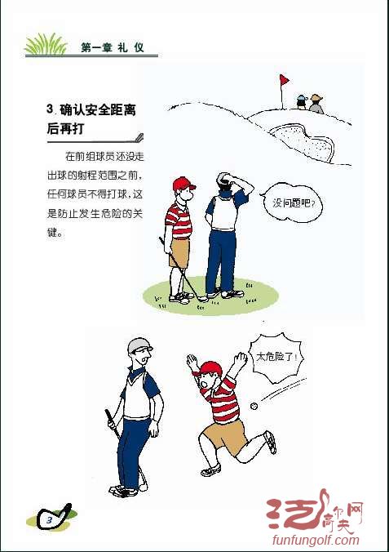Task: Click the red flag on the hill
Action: point(285,80)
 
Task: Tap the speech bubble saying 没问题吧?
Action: point(293,202)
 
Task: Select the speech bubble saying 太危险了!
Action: point(277,358)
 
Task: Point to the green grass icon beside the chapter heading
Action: point(46,45)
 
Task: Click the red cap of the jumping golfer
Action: point(210,367)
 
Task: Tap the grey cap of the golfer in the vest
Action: point(139,345)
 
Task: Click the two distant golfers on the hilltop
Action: point(309,103)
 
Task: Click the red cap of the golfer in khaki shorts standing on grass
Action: point(183,183)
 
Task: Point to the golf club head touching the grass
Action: point(202,299)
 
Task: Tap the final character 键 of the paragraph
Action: point(55,232)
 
